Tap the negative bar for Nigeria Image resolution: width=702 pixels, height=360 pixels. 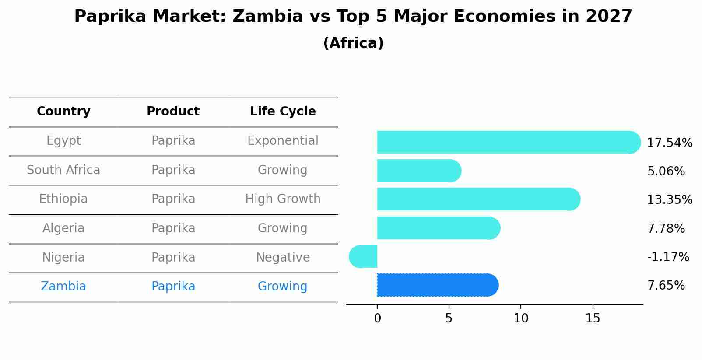(x=363, y=256)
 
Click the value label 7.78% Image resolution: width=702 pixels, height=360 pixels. (x=666, y=228)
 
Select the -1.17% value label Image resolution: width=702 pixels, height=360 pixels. (x=668, y=257)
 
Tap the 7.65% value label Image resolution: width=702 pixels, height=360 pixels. (x=666, y=286)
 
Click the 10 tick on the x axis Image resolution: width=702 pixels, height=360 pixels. (x=521, y=318)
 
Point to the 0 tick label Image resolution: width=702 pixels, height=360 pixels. (x=377, y=318)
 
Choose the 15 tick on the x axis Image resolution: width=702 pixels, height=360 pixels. (x=593, y=318)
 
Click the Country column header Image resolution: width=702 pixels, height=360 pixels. (x=63, y=112)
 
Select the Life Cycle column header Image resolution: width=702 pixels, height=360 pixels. (x=283, y=112)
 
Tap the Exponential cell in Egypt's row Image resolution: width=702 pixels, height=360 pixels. (x=283, y=141)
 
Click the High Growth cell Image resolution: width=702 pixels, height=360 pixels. (x=283, y=199)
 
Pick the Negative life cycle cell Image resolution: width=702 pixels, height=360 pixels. (x=283, y=258)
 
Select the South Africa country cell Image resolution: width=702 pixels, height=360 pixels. (x=63, y=170)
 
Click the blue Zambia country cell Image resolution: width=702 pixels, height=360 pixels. (x=63, y=287)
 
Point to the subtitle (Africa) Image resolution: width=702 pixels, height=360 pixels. (x=353, y=43)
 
